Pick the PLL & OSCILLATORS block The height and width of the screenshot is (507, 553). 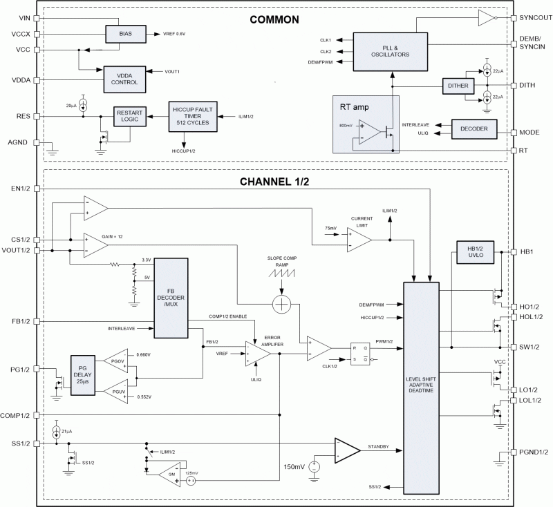[x=391, y=50]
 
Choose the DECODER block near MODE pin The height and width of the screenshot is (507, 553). [x=474, y=128]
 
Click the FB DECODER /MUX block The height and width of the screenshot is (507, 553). [x=170, y=297]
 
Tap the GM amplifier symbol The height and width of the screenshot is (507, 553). [x=168, y=474]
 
